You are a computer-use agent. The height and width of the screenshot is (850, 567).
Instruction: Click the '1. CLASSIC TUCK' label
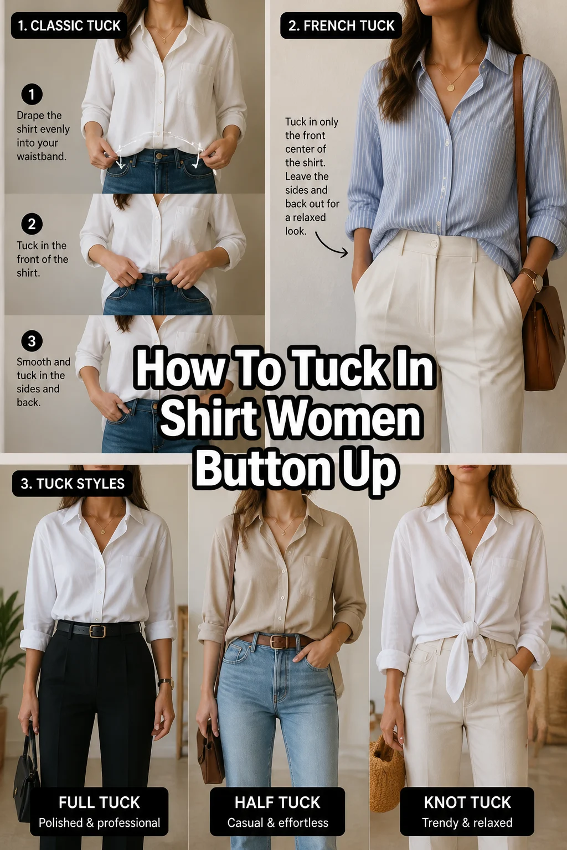[69, 25]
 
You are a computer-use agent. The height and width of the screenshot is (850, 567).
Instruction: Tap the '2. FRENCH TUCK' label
[341, 25]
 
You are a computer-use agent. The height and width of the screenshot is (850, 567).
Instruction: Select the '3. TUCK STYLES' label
[72, 484]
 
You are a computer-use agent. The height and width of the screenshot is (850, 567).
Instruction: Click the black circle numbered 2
[32, 224]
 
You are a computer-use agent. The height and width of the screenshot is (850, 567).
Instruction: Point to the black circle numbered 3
[32, 341]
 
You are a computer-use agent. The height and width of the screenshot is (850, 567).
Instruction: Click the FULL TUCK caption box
[99, 811]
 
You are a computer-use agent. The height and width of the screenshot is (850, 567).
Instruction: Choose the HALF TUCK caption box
[277, 811]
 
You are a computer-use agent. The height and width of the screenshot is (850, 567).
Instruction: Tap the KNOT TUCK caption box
[467, 811]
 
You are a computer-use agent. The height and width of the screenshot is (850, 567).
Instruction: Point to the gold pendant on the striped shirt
[451, 87]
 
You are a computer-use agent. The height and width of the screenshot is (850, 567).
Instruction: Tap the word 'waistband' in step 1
[41, 157]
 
